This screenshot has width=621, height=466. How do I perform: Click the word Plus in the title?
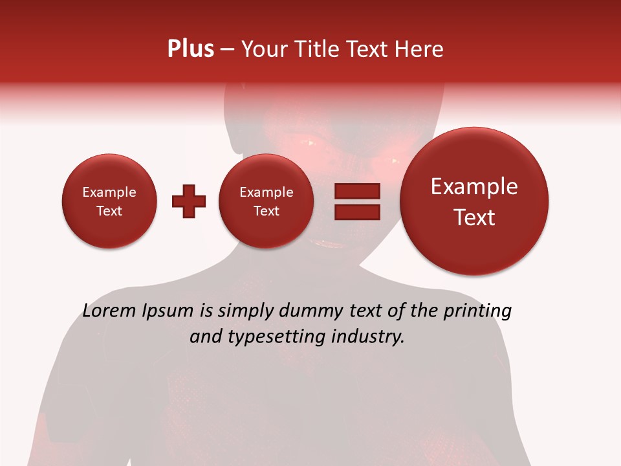[190, 49]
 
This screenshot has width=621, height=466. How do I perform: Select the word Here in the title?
[420, 49]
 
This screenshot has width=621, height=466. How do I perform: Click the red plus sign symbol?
[188, 201]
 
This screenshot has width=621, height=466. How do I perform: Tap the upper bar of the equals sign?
[357, 192]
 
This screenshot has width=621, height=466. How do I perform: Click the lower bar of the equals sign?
[357, 212]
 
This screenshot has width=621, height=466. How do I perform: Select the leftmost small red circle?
[109, 201]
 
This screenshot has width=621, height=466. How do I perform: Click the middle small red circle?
[267, 201]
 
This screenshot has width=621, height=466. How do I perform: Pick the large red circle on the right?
[474, 201]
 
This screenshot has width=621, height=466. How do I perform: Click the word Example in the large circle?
[474, 186]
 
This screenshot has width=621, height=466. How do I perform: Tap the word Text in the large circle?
[474, 217]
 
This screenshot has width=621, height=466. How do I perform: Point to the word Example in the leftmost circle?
[109, 192]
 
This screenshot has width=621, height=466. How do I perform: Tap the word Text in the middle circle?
[267, 211]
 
